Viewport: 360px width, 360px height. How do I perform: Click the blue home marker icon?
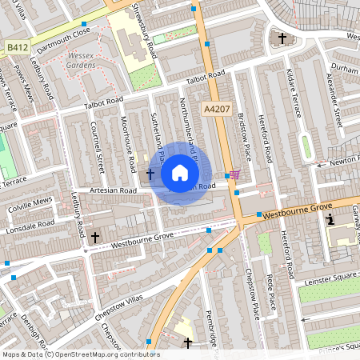point(180,173)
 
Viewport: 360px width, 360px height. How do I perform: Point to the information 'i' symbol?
point(330,218)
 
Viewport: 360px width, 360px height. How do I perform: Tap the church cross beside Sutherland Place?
point(150,173)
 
